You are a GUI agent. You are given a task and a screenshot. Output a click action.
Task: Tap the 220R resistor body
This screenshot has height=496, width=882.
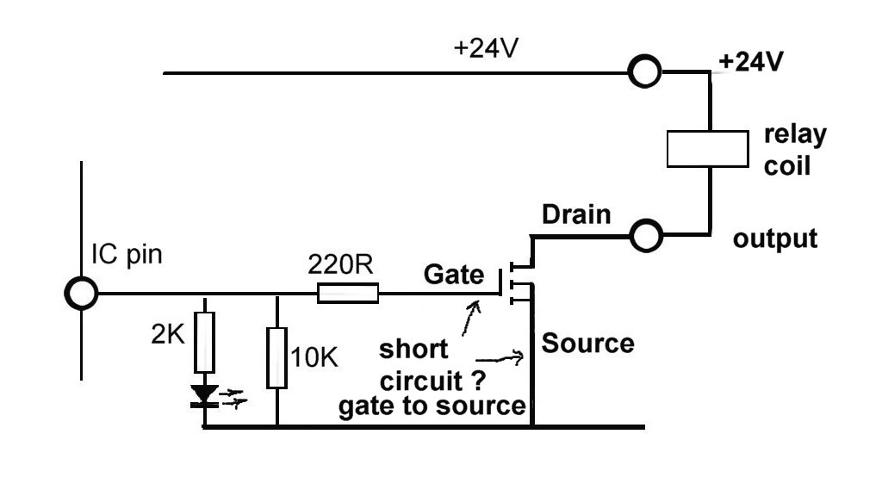coord(348,294)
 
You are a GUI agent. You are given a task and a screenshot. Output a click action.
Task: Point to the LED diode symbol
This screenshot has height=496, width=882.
coord(205,394)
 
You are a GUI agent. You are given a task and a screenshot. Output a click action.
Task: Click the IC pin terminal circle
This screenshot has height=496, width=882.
coord(82,294)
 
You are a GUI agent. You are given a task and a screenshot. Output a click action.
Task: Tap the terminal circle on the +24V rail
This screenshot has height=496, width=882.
coord(643,73)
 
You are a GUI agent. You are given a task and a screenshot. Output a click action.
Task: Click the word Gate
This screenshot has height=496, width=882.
coord(454,276)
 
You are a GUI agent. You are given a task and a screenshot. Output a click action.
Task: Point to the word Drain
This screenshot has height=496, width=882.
coord(576,215)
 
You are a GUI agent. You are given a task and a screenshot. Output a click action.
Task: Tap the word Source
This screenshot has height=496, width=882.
coord(588,344)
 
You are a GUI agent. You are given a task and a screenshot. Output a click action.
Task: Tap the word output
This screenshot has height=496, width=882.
coord(774,239)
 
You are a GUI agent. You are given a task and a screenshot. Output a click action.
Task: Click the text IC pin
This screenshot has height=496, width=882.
coord(127,255)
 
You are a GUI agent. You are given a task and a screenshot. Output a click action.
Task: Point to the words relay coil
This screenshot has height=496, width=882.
coord(794,149)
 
